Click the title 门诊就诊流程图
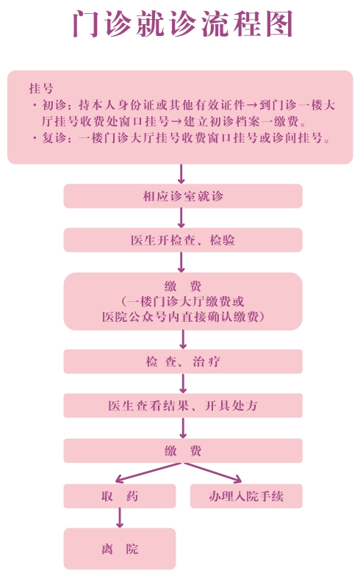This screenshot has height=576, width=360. tap(182, 24)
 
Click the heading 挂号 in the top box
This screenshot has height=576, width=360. tap(41, 88)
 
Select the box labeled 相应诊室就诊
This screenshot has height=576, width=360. tap(183, 196)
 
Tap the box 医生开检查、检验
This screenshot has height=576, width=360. tap(183, 240)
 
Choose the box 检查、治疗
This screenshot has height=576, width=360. tap(183, 361)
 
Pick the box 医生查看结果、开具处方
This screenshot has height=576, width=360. tap(183, 406)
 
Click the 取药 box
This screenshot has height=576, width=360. tap(120, 497)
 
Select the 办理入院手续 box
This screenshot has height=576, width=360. tap(246, 497)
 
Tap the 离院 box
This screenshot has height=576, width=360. tap(120, 549)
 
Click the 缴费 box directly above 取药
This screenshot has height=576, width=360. tap(183, 451)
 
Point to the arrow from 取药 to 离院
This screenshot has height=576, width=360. tap(119, 518)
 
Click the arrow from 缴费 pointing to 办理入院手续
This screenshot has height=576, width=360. tap(213, 473)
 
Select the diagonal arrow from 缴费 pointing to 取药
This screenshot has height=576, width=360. tap(148, 473)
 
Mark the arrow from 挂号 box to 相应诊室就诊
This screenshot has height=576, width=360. tap(181, 173)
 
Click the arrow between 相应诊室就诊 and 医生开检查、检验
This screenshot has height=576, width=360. tap(181, 217)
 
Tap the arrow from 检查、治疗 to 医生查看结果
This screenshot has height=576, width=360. tap(183, 384)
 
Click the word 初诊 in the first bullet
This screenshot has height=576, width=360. tap(54, 106)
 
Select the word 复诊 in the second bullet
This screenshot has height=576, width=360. tap(54, 138)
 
